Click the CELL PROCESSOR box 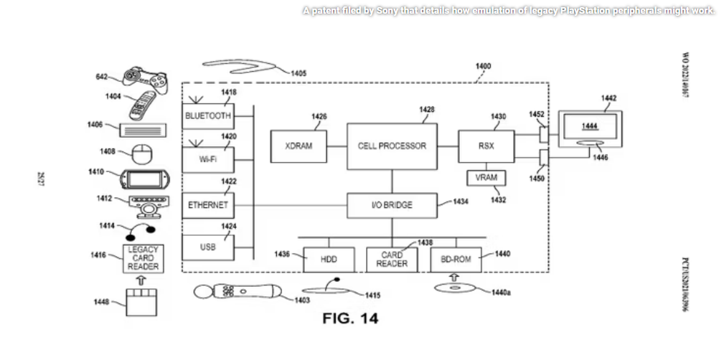(392, 146)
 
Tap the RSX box (486, 146)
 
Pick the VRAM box (486, 178)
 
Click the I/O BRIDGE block (392, 205)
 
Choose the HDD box (328, 259)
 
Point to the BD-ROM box (456, 259)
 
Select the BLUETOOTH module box (208, 115)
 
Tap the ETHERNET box (208, 205)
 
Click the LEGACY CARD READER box (143, 258)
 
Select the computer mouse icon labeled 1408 (142, 153)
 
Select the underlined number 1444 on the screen (589, 126)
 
